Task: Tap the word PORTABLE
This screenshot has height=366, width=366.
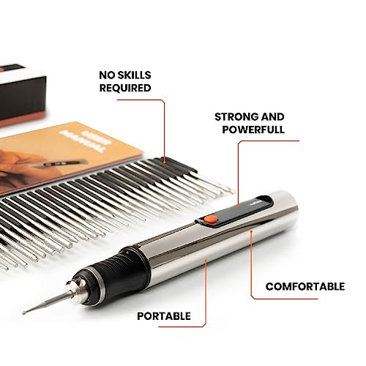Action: tap(165, 316)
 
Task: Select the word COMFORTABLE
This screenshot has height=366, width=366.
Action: tap(305, 286)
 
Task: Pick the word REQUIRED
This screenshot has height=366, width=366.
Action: tap(124, 88)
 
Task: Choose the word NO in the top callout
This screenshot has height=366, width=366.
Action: tap(107, 74)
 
